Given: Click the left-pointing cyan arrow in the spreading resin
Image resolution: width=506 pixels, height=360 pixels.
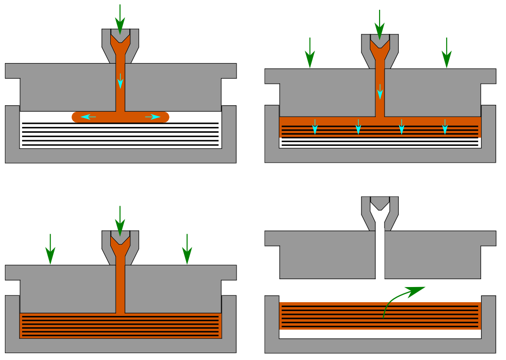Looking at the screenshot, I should [x=88, y=117].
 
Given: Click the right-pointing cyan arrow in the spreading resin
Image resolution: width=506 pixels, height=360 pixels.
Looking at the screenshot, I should [x=153, y=117].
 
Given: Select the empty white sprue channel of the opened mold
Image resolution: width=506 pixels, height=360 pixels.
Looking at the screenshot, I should [x=380, y=255].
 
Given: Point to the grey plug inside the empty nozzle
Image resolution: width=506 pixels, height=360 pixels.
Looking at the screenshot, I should [x=380, y=202].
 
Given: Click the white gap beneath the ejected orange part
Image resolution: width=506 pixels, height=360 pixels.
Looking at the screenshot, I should [x=380, y=334].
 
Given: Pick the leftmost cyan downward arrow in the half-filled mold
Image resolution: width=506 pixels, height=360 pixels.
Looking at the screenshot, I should [x=315, y=126].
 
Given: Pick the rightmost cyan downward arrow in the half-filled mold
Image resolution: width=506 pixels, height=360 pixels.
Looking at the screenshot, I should [x=445, y=126].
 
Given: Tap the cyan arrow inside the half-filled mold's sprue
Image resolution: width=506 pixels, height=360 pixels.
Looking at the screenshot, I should [x=380, y=91].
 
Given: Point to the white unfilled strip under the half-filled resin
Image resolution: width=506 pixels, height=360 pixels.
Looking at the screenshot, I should [x=380, y=142].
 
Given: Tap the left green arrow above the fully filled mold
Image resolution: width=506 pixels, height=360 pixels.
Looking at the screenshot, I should [x=50, y=249].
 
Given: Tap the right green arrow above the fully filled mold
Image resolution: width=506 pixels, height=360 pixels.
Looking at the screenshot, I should [x=187, y=249].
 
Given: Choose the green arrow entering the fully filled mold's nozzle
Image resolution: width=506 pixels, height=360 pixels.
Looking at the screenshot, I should [x=120, y=220].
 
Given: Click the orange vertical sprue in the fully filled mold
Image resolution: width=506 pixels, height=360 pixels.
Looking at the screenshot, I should [x=120, y=289].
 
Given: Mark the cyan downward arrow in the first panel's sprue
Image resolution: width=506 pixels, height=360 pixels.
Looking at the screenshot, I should [x=120, y=80].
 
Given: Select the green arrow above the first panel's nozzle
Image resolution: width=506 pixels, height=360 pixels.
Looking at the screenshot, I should [x=120, y=19].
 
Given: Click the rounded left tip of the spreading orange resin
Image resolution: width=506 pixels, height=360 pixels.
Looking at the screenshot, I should [x=76, y=117].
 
